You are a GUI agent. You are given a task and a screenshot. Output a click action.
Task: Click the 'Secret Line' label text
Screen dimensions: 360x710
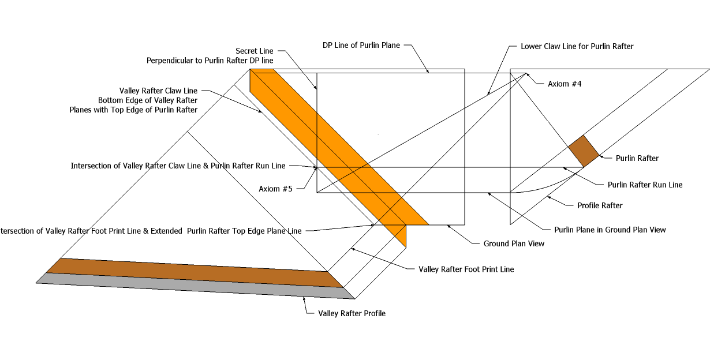click(254, 51)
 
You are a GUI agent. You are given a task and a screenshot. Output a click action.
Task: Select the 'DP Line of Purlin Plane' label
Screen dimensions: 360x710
click(361, 46)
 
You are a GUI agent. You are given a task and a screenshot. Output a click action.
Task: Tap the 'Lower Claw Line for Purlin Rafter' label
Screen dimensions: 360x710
click(577, 46)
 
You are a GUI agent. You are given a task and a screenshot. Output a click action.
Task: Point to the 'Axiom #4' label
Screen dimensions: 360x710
click(565, 84)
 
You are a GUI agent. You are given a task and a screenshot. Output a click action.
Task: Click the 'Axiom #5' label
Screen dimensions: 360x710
click(276, 189)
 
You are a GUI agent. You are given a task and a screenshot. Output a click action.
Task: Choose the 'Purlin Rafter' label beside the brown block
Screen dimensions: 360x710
click(637, 158)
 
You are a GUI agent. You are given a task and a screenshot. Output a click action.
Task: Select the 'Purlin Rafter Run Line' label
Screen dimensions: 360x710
click(645, 185)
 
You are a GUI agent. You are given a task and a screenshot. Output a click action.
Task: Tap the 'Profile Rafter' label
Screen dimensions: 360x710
click(600, 205)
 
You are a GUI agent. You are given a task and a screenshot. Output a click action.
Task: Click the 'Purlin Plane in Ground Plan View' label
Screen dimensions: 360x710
click(610, 230)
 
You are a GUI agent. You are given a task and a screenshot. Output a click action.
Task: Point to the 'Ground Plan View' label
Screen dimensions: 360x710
click(514, 243)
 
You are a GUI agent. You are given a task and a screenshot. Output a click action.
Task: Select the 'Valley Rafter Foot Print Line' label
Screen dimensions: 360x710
click(466, 269)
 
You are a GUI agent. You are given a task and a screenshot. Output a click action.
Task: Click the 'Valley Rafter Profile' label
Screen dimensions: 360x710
click(352, 313)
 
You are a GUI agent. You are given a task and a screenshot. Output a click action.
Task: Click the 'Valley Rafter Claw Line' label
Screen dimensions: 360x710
click(158, 91)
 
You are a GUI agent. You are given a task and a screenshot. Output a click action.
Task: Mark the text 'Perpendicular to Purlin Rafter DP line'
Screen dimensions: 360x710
click(210, 60)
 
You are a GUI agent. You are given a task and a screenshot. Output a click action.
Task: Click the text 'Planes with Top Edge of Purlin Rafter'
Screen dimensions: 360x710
click(133, 110)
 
